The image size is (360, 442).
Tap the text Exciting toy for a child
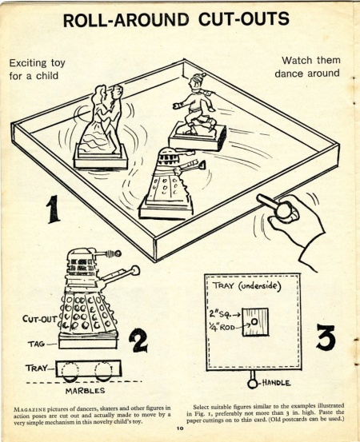tap(36, 68)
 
